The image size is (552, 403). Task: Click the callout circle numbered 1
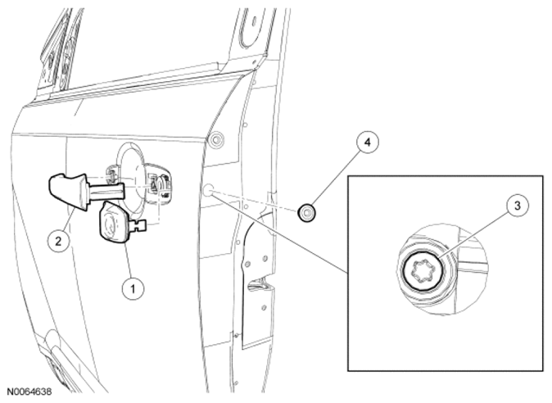click(x=133, y=289)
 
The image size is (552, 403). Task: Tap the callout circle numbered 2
click(x=58, y=241)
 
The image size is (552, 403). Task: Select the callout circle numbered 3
click(x=517, y=206)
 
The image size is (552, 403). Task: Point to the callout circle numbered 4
click(x=367, y=143)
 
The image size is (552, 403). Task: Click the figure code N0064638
click(x=30, y=392)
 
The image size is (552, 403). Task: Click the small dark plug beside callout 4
click(x=306, y=213)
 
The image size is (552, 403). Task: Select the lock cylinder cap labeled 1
click(x=114, y=222)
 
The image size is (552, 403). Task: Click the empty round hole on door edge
click(x=207, y=190)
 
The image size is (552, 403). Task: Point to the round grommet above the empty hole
click(x=216, y=140)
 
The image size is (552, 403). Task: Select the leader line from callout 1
click(x=129, y=260)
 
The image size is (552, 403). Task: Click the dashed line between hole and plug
click(x=256, y=201)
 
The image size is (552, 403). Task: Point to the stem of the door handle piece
click(x=106, y=190)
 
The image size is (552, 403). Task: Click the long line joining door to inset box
click(x=279, y=233)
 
